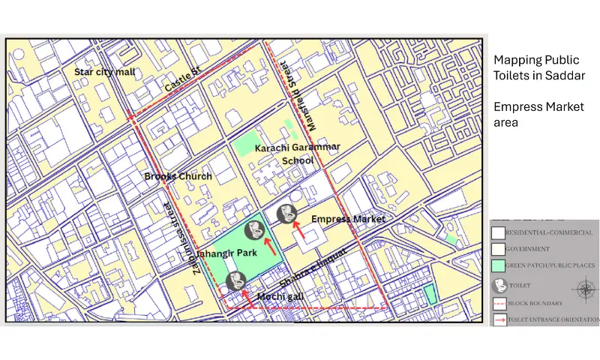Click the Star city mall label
point(105,72)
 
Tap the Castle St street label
point(184,79)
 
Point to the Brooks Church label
point(178,176)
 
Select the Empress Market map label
point(348,219)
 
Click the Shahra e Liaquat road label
point(315,267)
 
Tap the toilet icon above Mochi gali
point(234,282)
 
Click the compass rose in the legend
point(583,287)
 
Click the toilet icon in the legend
point(499,286)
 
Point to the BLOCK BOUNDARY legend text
point(538,304)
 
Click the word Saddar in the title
point(565,76)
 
